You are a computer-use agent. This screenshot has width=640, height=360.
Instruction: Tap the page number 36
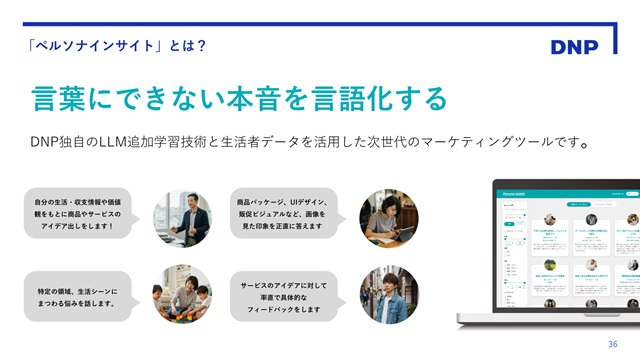point(612,344)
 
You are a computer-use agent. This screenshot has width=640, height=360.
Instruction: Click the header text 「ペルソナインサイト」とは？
point(117,45)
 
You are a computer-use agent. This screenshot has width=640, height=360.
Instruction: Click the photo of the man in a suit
point(181,218)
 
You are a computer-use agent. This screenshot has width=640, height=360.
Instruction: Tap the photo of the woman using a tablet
point(388,218)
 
